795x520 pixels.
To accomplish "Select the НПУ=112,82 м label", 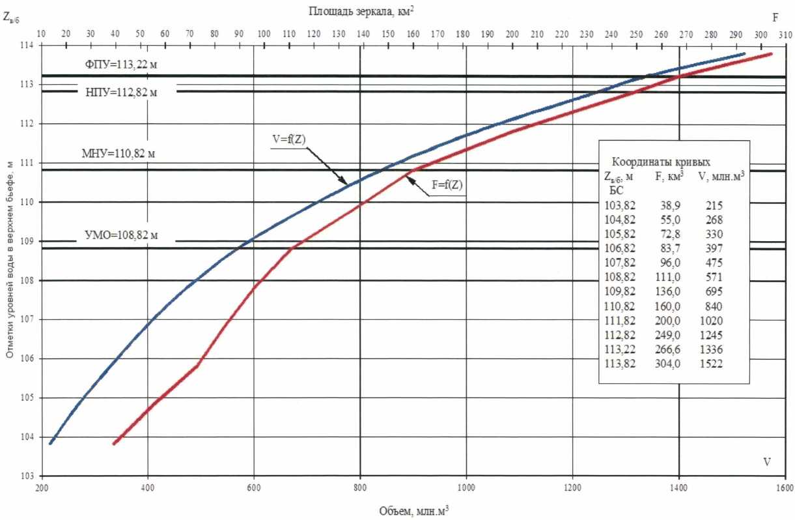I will click(122, 92).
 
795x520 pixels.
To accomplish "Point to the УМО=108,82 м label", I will click(121, 235).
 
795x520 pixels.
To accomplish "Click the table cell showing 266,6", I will click(667, 350).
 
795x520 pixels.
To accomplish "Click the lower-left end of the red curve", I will click(114, 443).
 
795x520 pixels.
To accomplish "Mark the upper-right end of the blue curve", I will click(744, 53).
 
